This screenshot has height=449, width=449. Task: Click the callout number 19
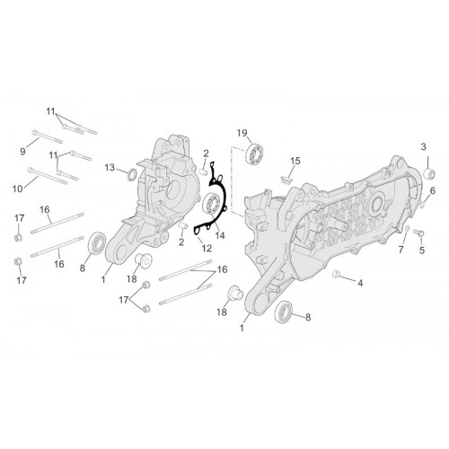pyautogui.click(x=242, y=133)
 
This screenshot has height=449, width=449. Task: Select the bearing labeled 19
pyautogui.click(x=254, y=154)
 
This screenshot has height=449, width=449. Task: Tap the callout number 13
pyautogui.click(x=110, y=168)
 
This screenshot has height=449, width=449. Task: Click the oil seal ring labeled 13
pyautogui.click(x=132, y=175)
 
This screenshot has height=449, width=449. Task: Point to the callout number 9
pyautogui.click(x=22, y=152)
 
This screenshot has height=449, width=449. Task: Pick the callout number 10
pyautogui.click(x=18, y=189)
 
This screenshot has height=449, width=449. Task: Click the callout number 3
pyautogui.click(x=423, y=147)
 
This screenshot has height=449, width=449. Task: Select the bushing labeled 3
pyautogui.click(x=428, y=173)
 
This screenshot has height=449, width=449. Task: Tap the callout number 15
pyautogui.click(x=295, y=161)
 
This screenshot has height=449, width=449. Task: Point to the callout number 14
pyautogui.click(x=220, y=235)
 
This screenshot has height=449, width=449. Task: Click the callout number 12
pyautogui.click(x=207, y=248)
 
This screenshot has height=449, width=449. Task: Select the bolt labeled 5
pyautogui.click(x=418, y=232)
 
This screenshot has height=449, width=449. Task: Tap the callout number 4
pyautogui.click(x=360, y=283)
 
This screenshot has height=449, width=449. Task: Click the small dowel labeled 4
pyautogui.click(x=336, y=274)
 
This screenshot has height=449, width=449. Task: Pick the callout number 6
pyautogui.click(x=433, y=190)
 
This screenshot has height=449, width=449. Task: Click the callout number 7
pyautogui.click(x=401, y=249)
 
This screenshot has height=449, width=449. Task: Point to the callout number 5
pyautogui.click(x=422, y=251)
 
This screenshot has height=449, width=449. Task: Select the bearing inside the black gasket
pyautogui.click(x=212, y=204)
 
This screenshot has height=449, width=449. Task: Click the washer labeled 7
pyautogui.click(x=408, y=229)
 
